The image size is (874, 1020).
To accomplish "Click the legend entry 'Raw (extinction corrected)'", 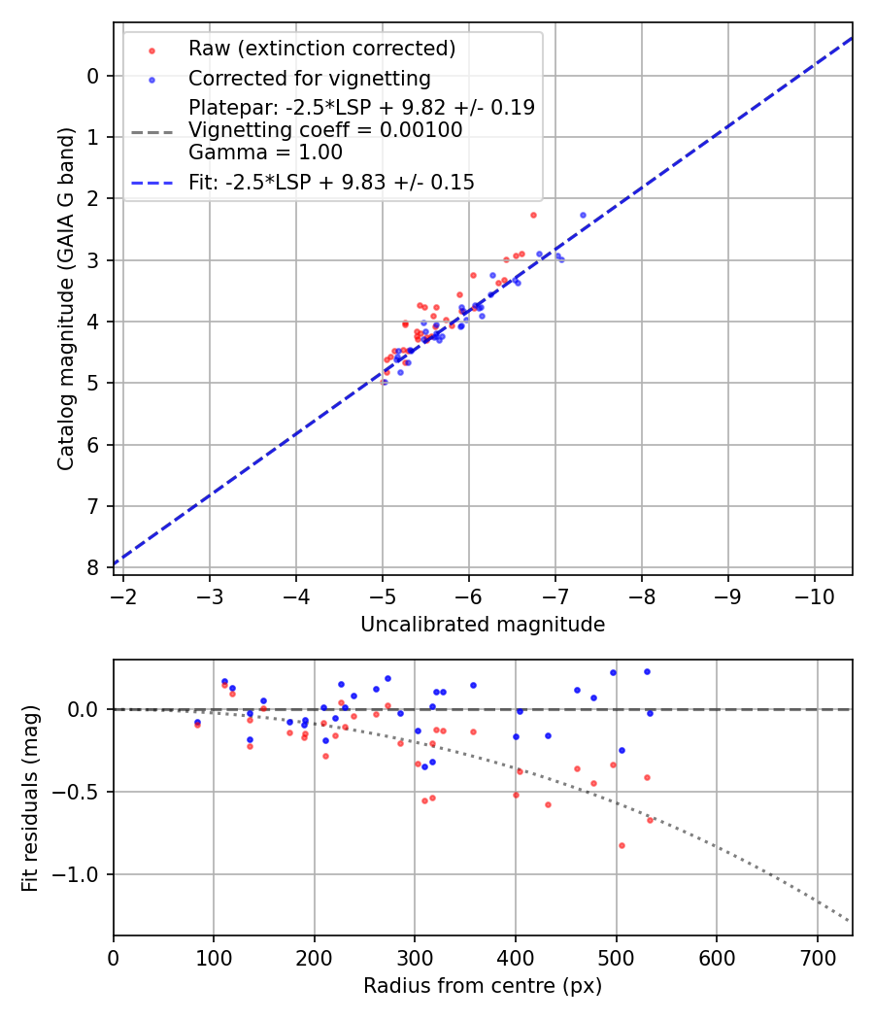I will point(321,49).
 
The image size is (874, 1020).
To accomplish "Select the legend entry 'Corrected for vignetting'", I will point(309,78).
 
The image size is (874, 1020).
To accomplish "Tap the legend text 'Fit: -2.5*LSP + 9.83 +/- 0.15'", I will point(331,182).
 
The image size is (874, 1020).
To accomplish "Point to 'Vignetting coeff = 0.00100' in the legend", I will point(325,130).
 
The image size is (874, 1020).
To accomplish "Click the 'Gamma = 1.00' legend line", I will point(265,152).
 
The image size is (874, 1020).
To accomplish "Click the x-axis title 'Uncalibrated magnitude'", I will point(483,625).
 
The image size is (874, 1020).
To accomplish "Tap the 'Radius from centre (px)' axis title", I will point(483,986).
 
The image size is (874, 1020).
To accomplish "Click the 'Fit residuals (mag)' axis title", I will point(31,799).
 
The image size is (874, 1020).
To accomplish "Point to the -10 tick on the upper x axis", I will point(814,594).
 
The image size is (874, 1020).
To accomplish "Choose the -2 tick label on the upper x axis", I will point(123,594).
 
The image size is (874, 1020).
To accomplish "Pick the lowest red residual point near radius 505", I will point(622,845).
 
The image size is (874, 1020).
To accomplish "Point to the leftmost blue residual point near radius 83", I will point(197,722).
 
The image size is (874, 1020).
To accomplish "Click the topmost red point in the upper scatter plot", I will point(533,215).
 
